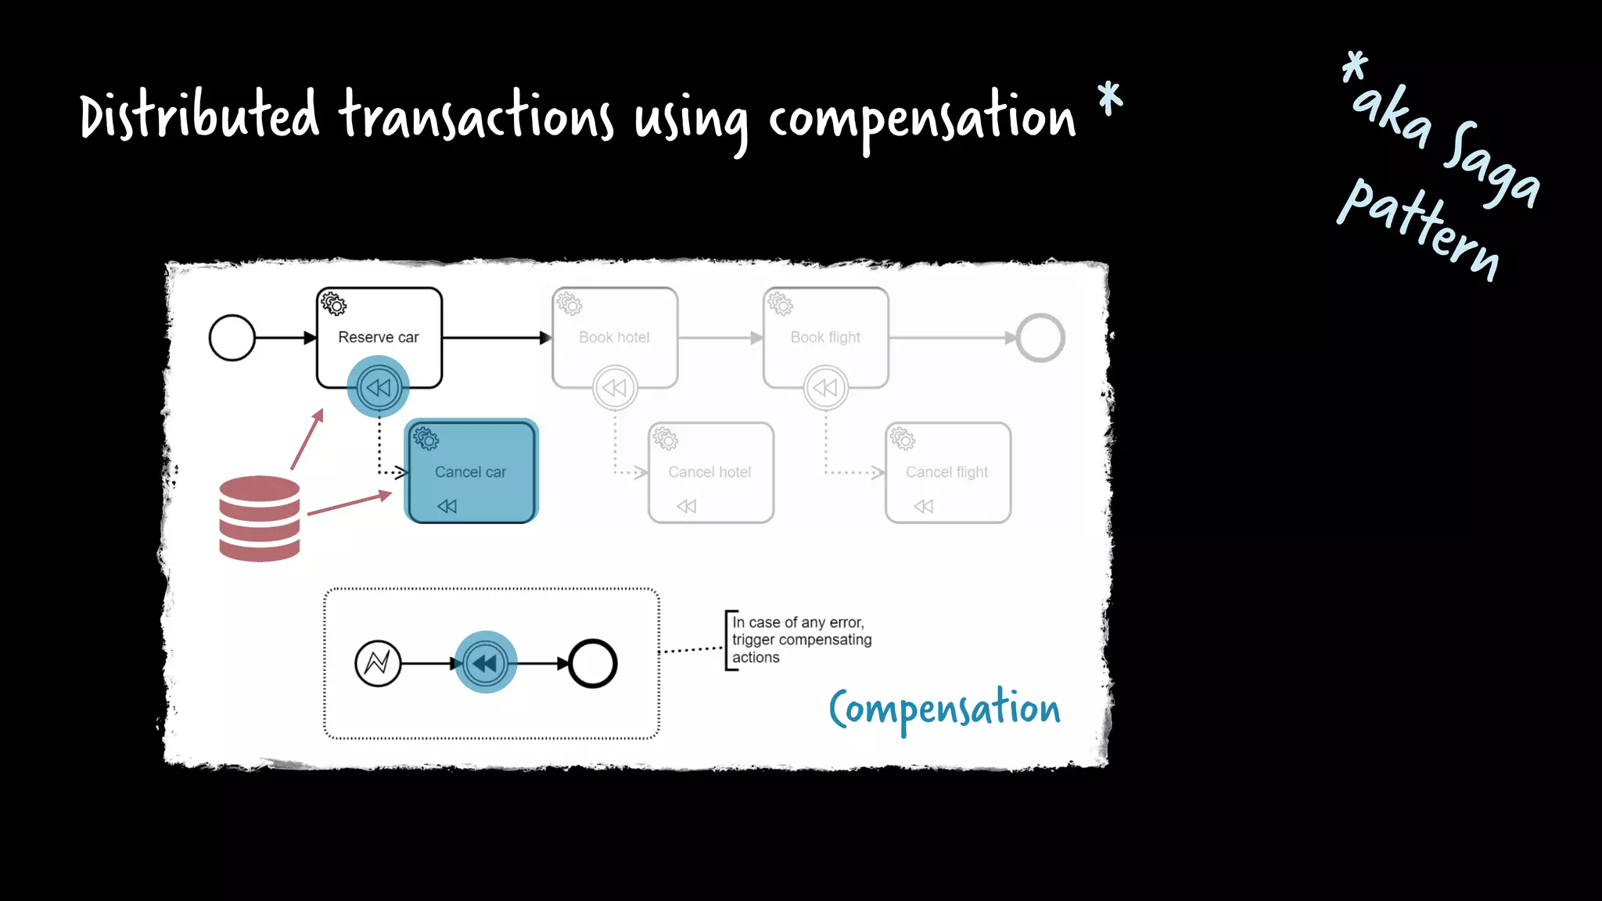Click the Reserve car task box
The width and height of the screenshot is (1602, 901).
tap(379, 328)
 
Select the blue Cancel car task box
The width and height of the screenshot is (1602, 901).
tap(471, 472)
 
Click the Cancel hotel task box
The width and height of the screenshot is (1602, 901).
tap(710, 472)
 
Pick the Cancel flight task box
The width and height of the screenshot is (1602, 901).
tap(947, 472)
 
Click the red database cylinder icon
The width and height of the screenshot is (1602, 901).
tap(260, 519)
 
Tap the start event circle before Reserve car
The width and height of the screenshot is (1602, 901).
tap(232, 338)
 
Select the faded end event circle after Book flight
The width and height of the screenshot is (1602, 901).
tap(1040, 338)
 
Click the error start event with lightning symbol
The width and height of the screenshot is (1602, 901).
tap(378, 663)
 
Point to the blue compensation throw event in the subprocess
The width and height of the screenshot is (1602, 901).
tap(486, 663)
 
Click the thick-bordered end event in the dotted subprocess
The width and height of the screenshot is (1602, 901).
tap(593, 663)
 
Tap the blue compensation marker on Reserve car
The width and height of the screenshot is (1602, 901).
tap(379, 387)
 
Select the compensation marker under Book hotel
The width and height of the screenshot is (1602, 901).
tap(615, 388)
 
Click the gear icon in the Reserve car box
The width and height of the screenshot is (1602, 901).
tap(334, 303)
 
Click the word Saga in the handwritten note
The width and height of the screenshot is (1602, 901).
tap(1490, 164)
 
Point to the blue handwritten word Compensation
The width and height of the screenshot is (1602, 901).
tap(944, 709)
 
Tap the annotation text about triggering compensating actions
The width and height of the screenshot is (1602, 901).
tap(801, 640)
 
